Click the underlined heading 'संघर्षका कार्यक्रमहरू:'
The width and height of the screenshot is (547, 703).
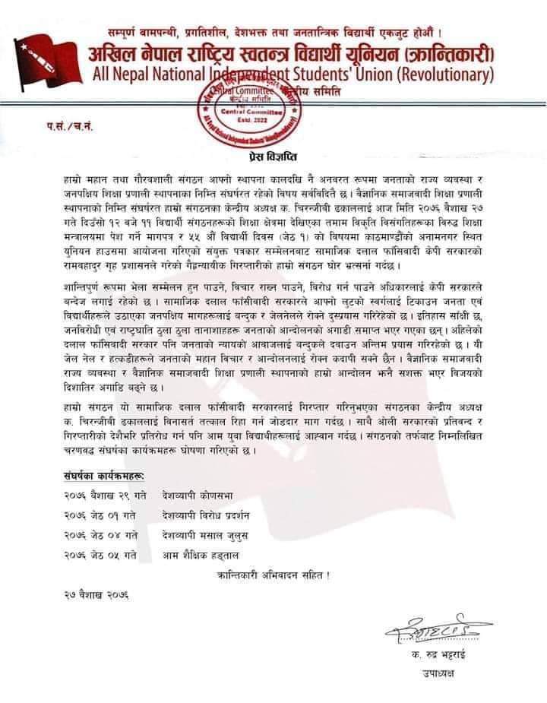click(106, 477)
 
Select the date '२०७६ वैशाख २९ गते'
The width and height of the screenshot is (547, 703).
click(100, 496)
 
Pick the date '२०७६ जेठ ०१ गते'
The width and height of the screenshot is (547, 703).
click(100, 516)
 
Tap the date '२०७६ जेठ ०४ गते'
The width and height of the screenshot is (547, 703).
click(100, 536)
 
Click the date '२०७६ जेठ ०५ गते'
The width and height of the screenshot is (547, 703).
click(100, 556)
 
